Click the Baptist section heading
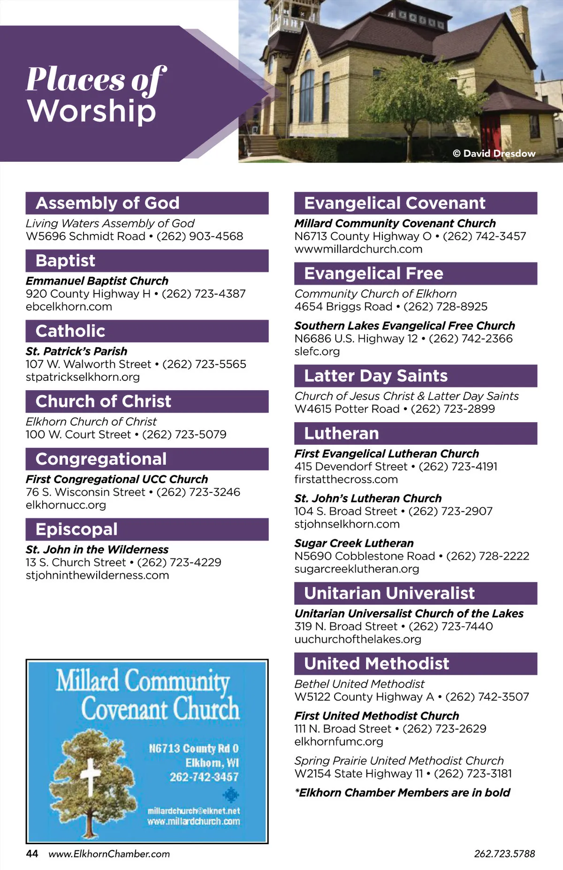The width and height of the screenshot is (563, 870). tap(66, 261)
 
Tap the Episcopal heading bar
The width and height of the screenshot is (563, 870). tap(76, 530)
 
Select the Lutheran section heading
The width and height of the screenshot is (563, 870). tap(342, 433)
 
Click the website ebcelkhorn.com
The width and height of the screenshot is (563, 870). tap(69, 307)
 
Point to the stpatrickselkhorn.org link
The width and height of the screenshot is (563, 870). tap(83, 377)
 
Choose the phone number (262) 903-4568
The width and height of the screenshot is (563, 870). tap(200, 236)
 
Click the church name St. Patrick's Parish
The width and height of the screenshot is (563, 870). tap(76, 351)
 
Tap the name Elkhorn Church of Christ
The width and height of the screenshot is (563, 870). tap(91, 422)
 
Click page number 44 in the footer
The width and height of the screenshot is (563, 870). tap(32, 854)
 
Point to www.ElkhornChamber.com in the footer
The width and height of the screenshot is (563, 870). tap(109, 854)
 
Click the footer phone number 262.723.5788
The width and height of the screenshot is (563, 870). tap(504, 854)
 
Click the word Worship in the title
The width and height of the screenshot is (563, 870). tap(91, 111)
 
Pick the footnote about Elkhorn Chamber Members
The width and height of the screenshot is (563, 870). tap(402, 793)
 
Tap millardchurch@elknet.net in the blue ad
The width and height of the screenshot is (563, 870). tap(194, 810)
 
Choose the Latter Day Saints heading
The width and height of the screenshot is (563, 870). tap(376, 376)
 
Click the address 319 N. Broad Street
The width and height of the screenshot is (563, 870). tap(346, 627)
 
